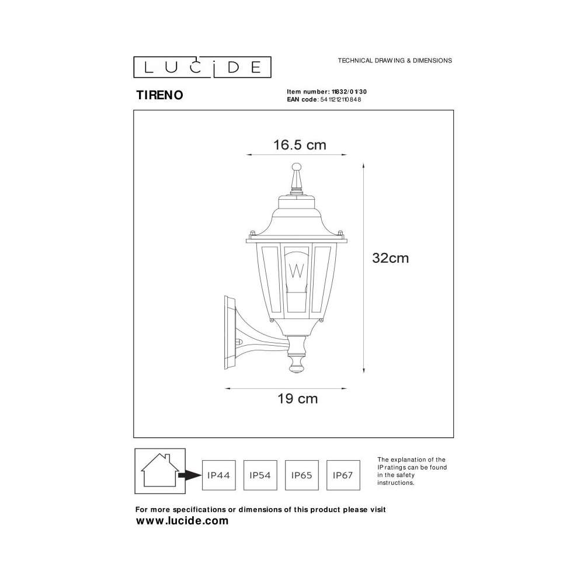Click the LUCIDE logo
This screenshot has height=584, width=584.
202,67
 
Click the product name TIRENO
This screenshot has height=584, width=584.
159,95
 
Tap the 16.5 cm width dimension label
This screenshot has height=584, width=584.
300,145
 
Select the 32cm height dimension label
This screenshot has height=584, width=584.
390,258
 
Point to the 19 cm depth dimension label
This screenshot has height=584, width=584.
298,398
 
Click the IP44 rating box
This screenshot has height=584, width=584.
218,475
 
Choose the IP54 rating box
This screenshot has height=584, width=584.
260,475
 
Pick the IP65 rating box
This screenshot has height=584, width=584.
302,475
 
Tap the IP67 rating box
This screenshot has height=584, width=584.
343,475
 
